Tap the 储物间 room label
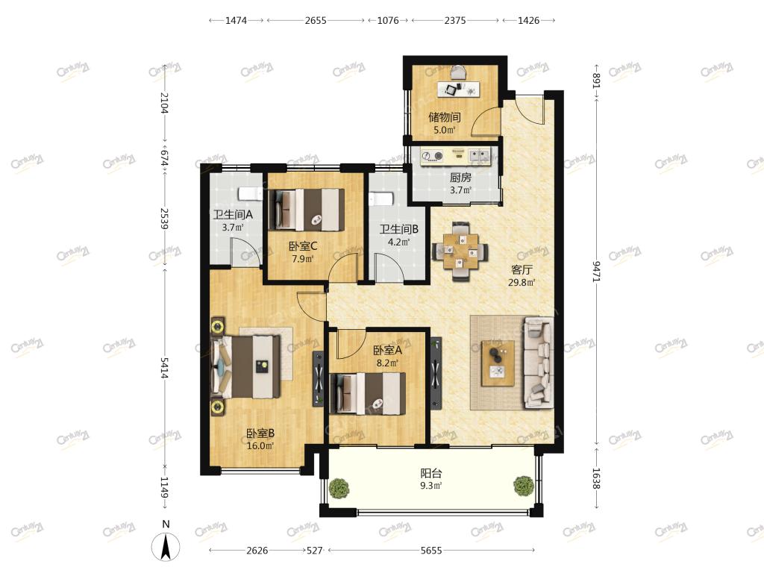(x=445, y=117)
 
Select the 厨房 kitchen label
(x=460, y=178)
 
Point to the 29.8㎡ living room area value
(x=522, y=282)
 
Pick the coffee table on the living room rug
(x=498, y=363)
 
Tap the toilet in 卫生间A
(x=249, y=193)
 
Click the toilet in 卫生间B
(x=381, y=199)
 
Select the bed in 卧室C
(x=307, y=210)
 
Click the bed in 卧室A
(x=367, y=394)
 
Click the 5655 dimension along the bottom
(x=431, y=550)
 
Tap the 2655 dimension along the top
(x=316, y=20)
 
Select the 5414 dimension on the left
(x=165, y=368)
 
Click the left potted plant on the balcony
(x=339, y=488)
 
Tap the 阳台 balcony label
(x=431, y=472)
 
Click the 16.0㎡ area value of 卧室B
(x=260, y=446)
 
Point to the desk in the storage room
(x=459, y=90)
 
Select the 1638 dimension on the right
(x=596, y=478)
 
